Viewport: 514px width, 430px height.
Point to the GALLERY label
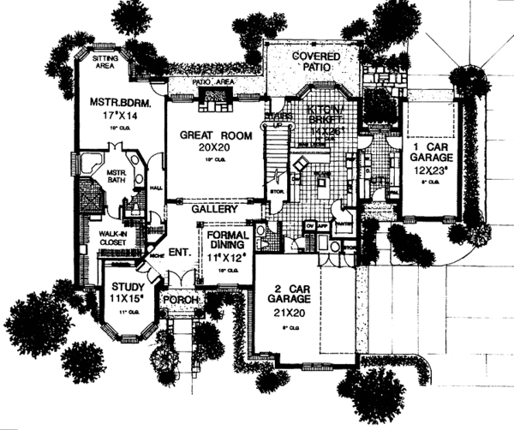[x=213, y=209]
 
